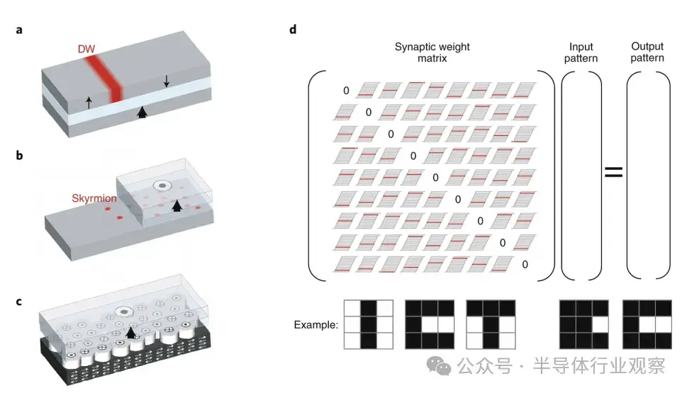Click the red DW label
tap(86, 49)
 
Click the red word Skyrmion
tap(94, 198)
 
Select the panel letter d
tap(293, 29)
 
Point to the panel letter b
tap(19, 155)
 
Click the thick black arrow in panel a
tap(142, 112)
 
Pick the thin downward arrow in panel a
tap(166, 81)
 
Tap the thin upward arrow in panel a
tap(89, 103)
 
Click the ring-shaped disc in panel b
tap(162, 186)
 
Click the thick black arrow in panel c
tap(130, 332)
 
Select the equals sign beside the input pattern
tap(613, 171)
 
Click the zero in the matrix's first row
tap(346, 91)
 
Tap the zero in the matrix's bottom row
tap(525, 264)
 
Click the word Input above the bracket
tap(581, 47)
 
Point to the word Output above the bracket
tap(647, 46)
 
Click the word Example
tap(316, 325)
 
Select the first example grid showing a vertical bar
tap(369, 324)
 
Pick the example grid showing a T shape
tap(491, 324)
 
